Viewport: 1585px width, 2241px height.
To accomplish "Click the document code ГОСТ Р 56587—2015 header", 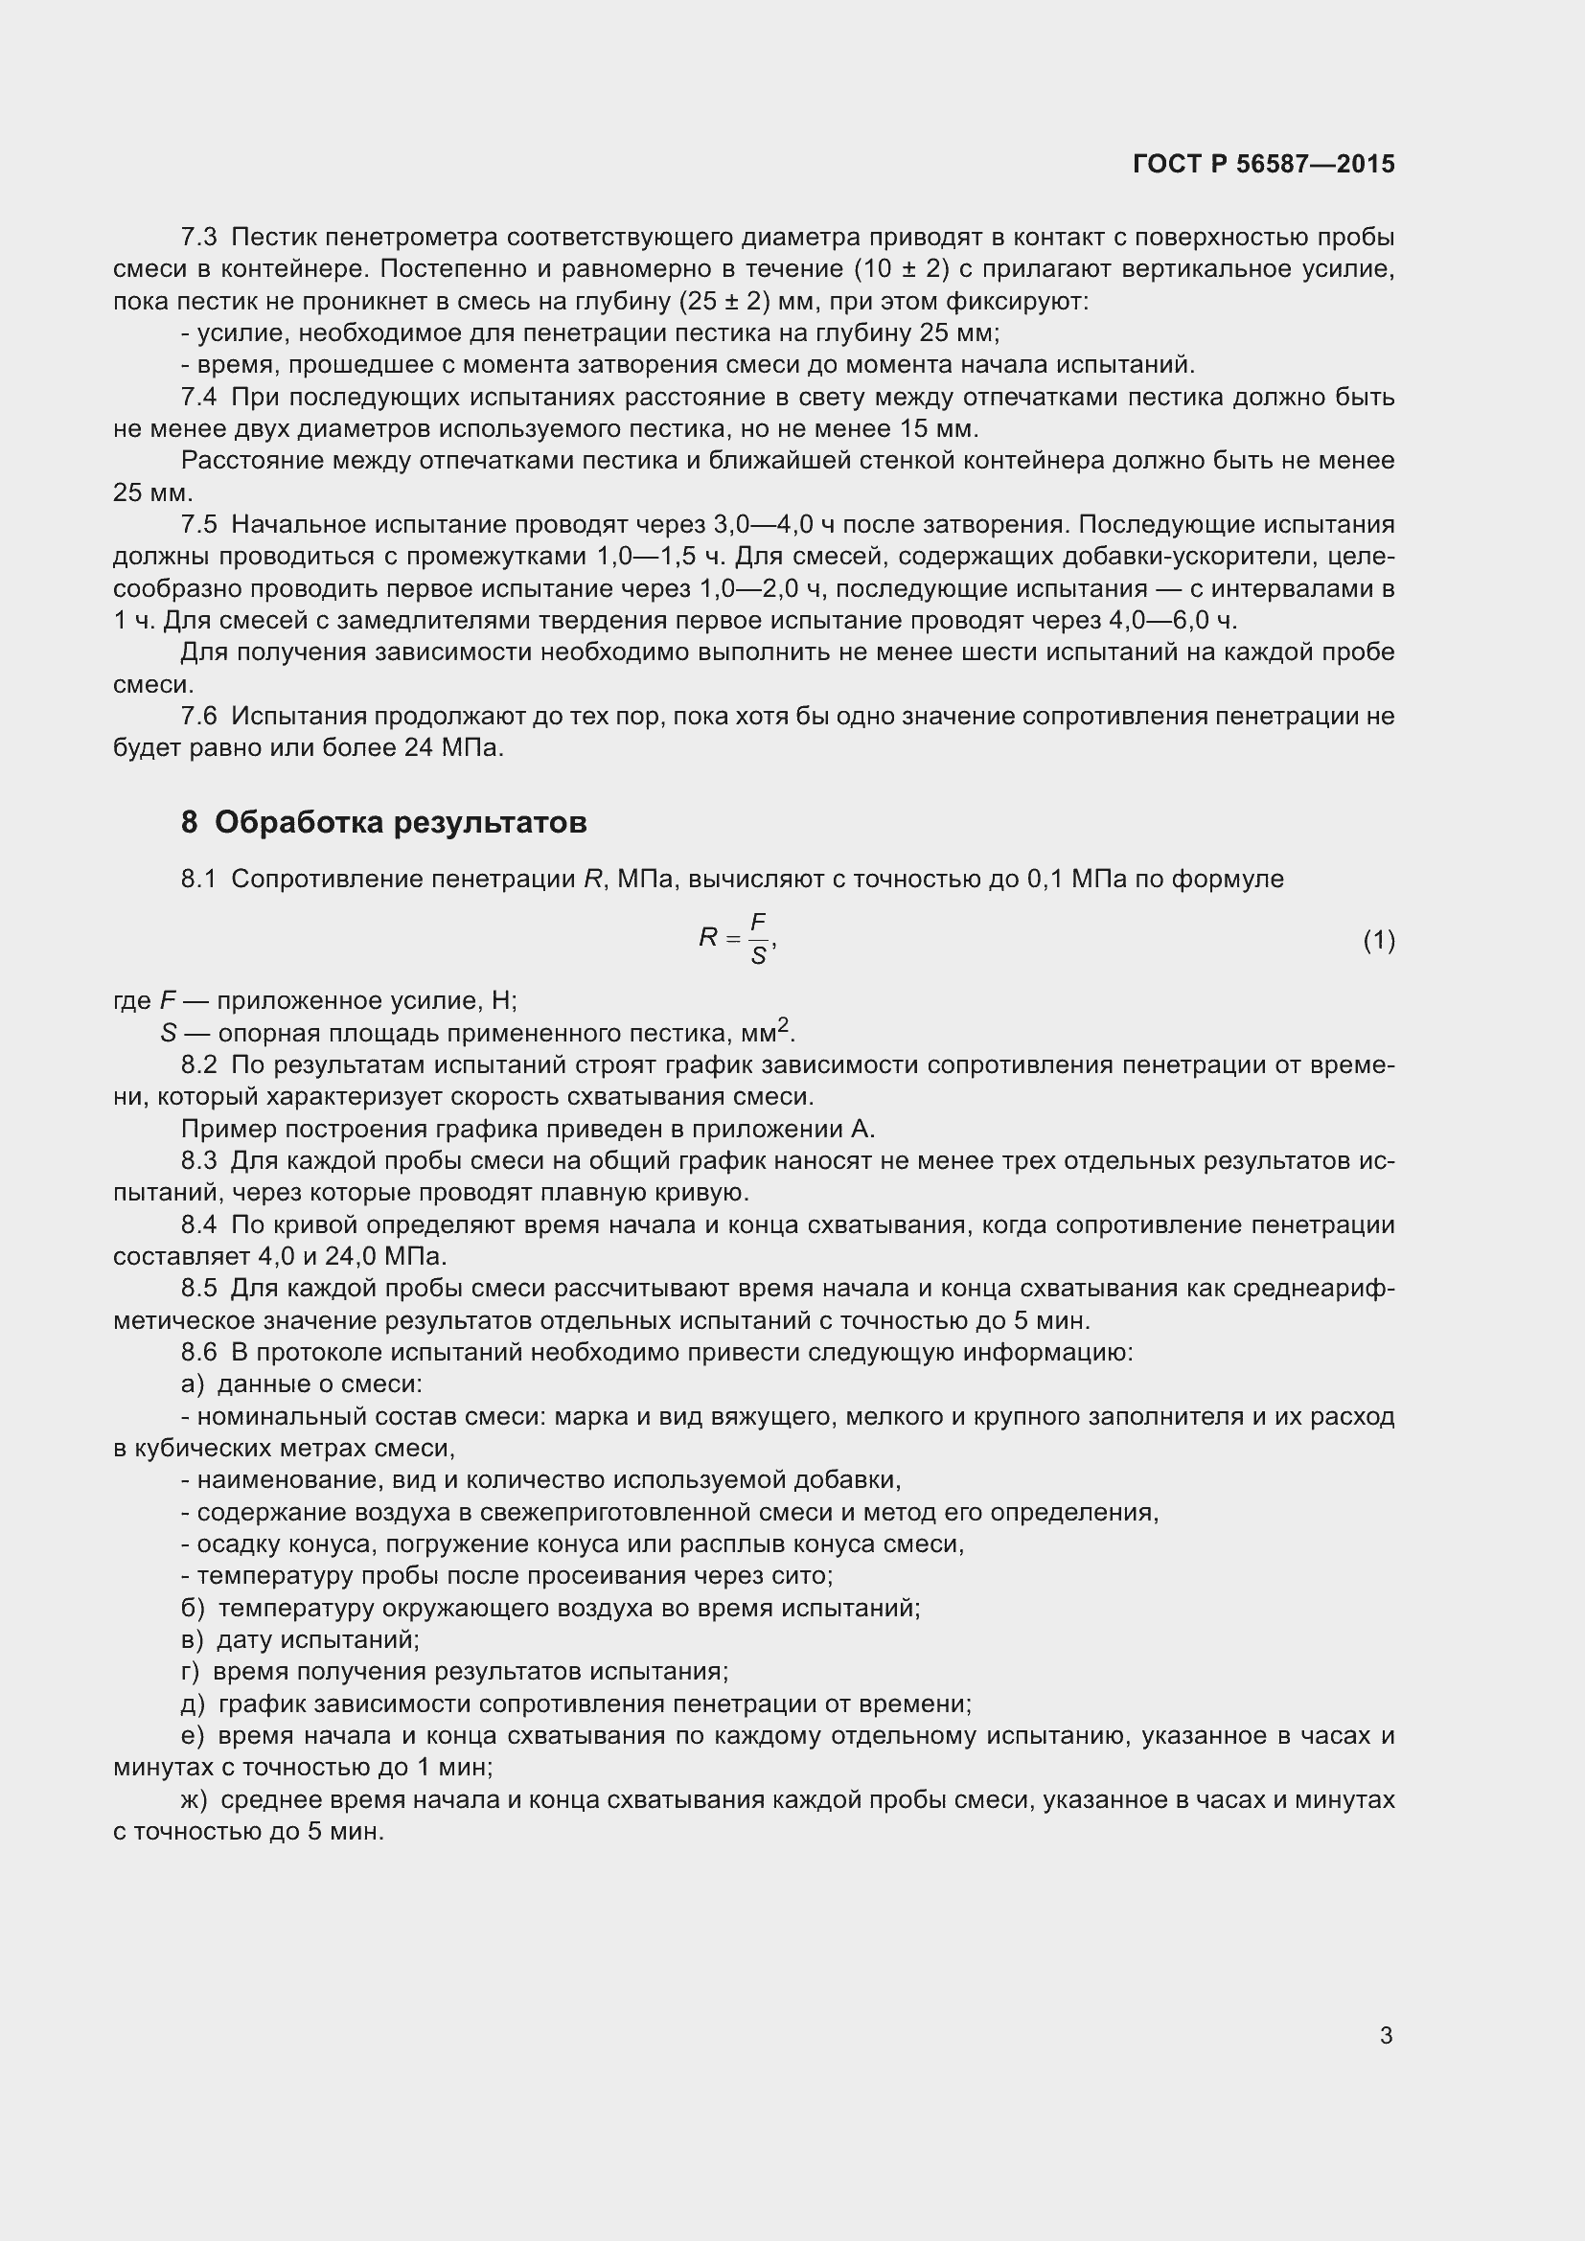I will click(x=1264, y=164).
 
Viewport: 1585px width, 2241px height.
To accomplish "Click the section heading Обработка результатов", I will click(x=401, y=823).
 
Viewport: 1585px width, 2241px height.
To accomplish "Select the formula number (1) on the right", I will click(x=1378, y=941).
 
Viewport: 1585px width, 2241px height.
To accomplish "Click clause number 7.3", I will click(x=199, y=238).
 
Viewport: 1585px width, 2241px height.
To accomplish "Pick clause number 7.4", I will click(x=199, y=398).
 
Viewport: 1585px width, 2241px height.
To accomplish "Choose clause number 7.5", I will click(x=199, y=525).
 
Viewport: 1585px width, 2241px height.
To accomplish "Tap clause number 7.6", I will click(x=199, y=717).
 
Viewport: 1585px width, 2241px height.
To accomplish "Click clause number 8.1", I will click(x=199, y=880).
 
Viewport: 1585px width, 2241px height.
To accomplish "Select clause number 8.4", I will click(x=199, y=1225).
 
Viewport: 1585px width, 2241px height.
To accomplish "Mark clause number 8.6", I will click(x=199, y=1353).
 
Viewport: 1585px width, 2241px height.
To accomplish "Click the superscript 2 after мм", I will click(x=783, y=1026).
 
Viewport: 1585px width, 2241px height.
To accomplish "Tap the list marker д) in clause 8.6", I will click(x=193, y=1704).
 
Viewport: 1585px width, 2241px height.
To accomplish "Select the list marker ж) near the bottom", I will click(x=195, y=1800).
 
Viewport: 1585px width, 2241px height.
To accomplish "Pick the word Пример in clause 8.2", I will click(x=225, y=1130).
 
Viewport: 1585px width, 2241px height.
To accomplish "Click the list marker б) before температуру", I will click(x=193, y=1608).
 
